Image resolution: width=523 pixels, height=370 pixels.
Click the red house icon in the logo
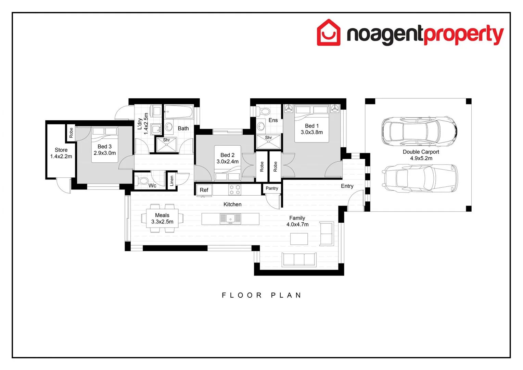click(x=329, y=33)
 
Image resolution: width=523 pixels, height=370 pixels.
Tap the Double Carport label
click(x=421, y=152)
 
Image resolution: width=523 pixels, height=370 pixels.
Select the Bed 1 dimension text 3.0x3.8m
click(x=311, y=132)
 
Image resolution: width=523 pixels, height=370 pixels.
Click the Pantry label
click(x=272, y=188)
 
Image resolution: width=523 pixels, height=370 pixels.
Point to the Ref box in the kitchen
click(x=204, y=190)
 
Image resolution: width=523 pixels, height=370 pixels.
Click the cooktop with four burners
click(x=235, y=190)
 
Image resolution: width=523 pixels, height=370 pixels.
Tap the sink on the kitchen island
click(x=230, y=218)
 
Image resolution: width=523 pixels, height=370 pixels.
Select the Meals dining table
click(x=162, y=218)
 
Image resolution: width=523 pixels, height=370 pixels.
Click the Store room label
click(x=61, y=150)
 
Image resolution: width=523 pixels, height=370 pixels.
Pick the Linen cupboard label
click(x=172, y=181)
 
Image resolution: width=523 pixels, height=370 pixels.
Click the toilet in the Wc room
click(x=142, y=181)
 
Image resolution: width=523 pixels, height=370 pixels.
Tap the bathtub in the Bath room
click(x=179, y=112)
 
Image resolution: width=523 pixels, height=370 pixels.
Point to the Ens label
click(x=273, y=120)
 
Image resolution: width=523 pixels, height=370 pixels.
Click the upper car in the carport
click(x=419, y=131)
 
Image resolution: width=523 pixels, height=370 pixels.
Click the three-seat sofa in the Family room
click(x=299, y=259)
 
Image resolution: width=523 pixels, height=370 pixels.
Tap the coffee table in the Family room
click(x=299, y=239)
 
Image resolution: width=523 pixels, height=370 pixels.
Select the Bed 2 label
click(x=227, y=155)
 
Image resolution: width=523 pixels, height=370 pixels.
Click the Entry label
click(x=347, y=186)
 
